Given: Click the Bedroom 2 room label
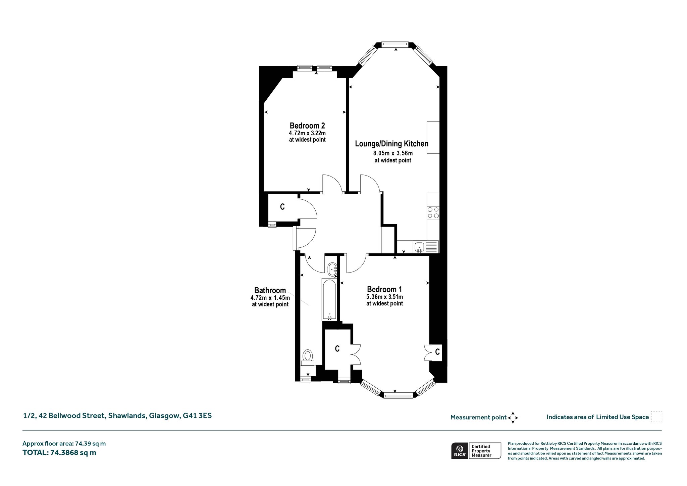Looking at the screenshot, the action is click(x=307, y=126).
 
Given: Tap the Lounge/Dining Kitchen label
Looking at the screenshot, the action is click(x=392, y=144).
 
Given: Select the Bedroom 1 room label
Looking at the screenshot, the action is click(x=384, y=289).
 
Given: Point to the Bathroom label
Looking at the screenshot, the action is click(x=270, y=290).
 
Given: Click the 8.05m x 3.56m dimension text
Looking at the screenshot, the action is click(x=393, y=153).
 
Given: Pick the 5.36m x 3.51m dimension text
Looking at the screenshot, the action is click(x=385, y=297).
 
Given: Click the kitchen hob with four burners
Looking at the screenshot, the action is click(x=433, y=212).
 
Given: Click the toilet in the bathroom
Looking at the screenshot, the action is click(x=308, y=357).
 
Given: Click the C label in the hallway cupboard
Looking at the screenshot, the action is click(x=282, y=207).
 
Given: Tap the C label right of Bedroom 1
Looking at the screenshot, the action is click(x=437, y=352).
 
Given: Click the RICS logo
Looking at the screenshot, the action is click(x=459, y=451).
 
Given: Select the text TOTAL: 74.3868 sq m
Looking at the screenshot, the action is click(x=59, y=452).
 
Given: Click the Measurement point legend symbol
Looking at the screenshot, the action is click(x=513, y=418).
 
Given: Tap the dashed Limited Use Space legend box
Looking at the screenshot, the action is click(x=656, y=417).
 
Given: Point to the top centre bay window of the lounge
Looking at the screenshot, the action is click(x=395, y=44).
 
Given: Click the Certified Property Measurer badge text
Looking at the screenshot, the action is click(x=482, y=451).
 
